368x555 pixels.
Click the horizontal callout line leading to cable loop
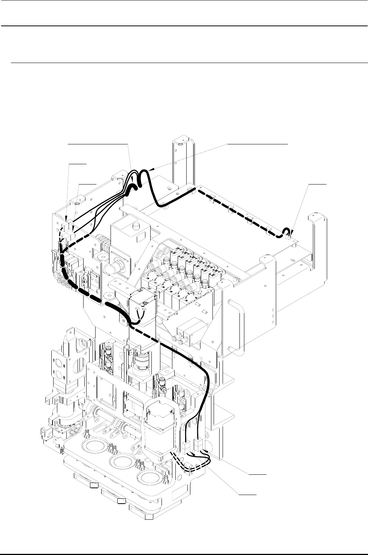click(317, 184)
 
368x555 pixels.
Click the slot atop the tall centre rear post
click(180, 144)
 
